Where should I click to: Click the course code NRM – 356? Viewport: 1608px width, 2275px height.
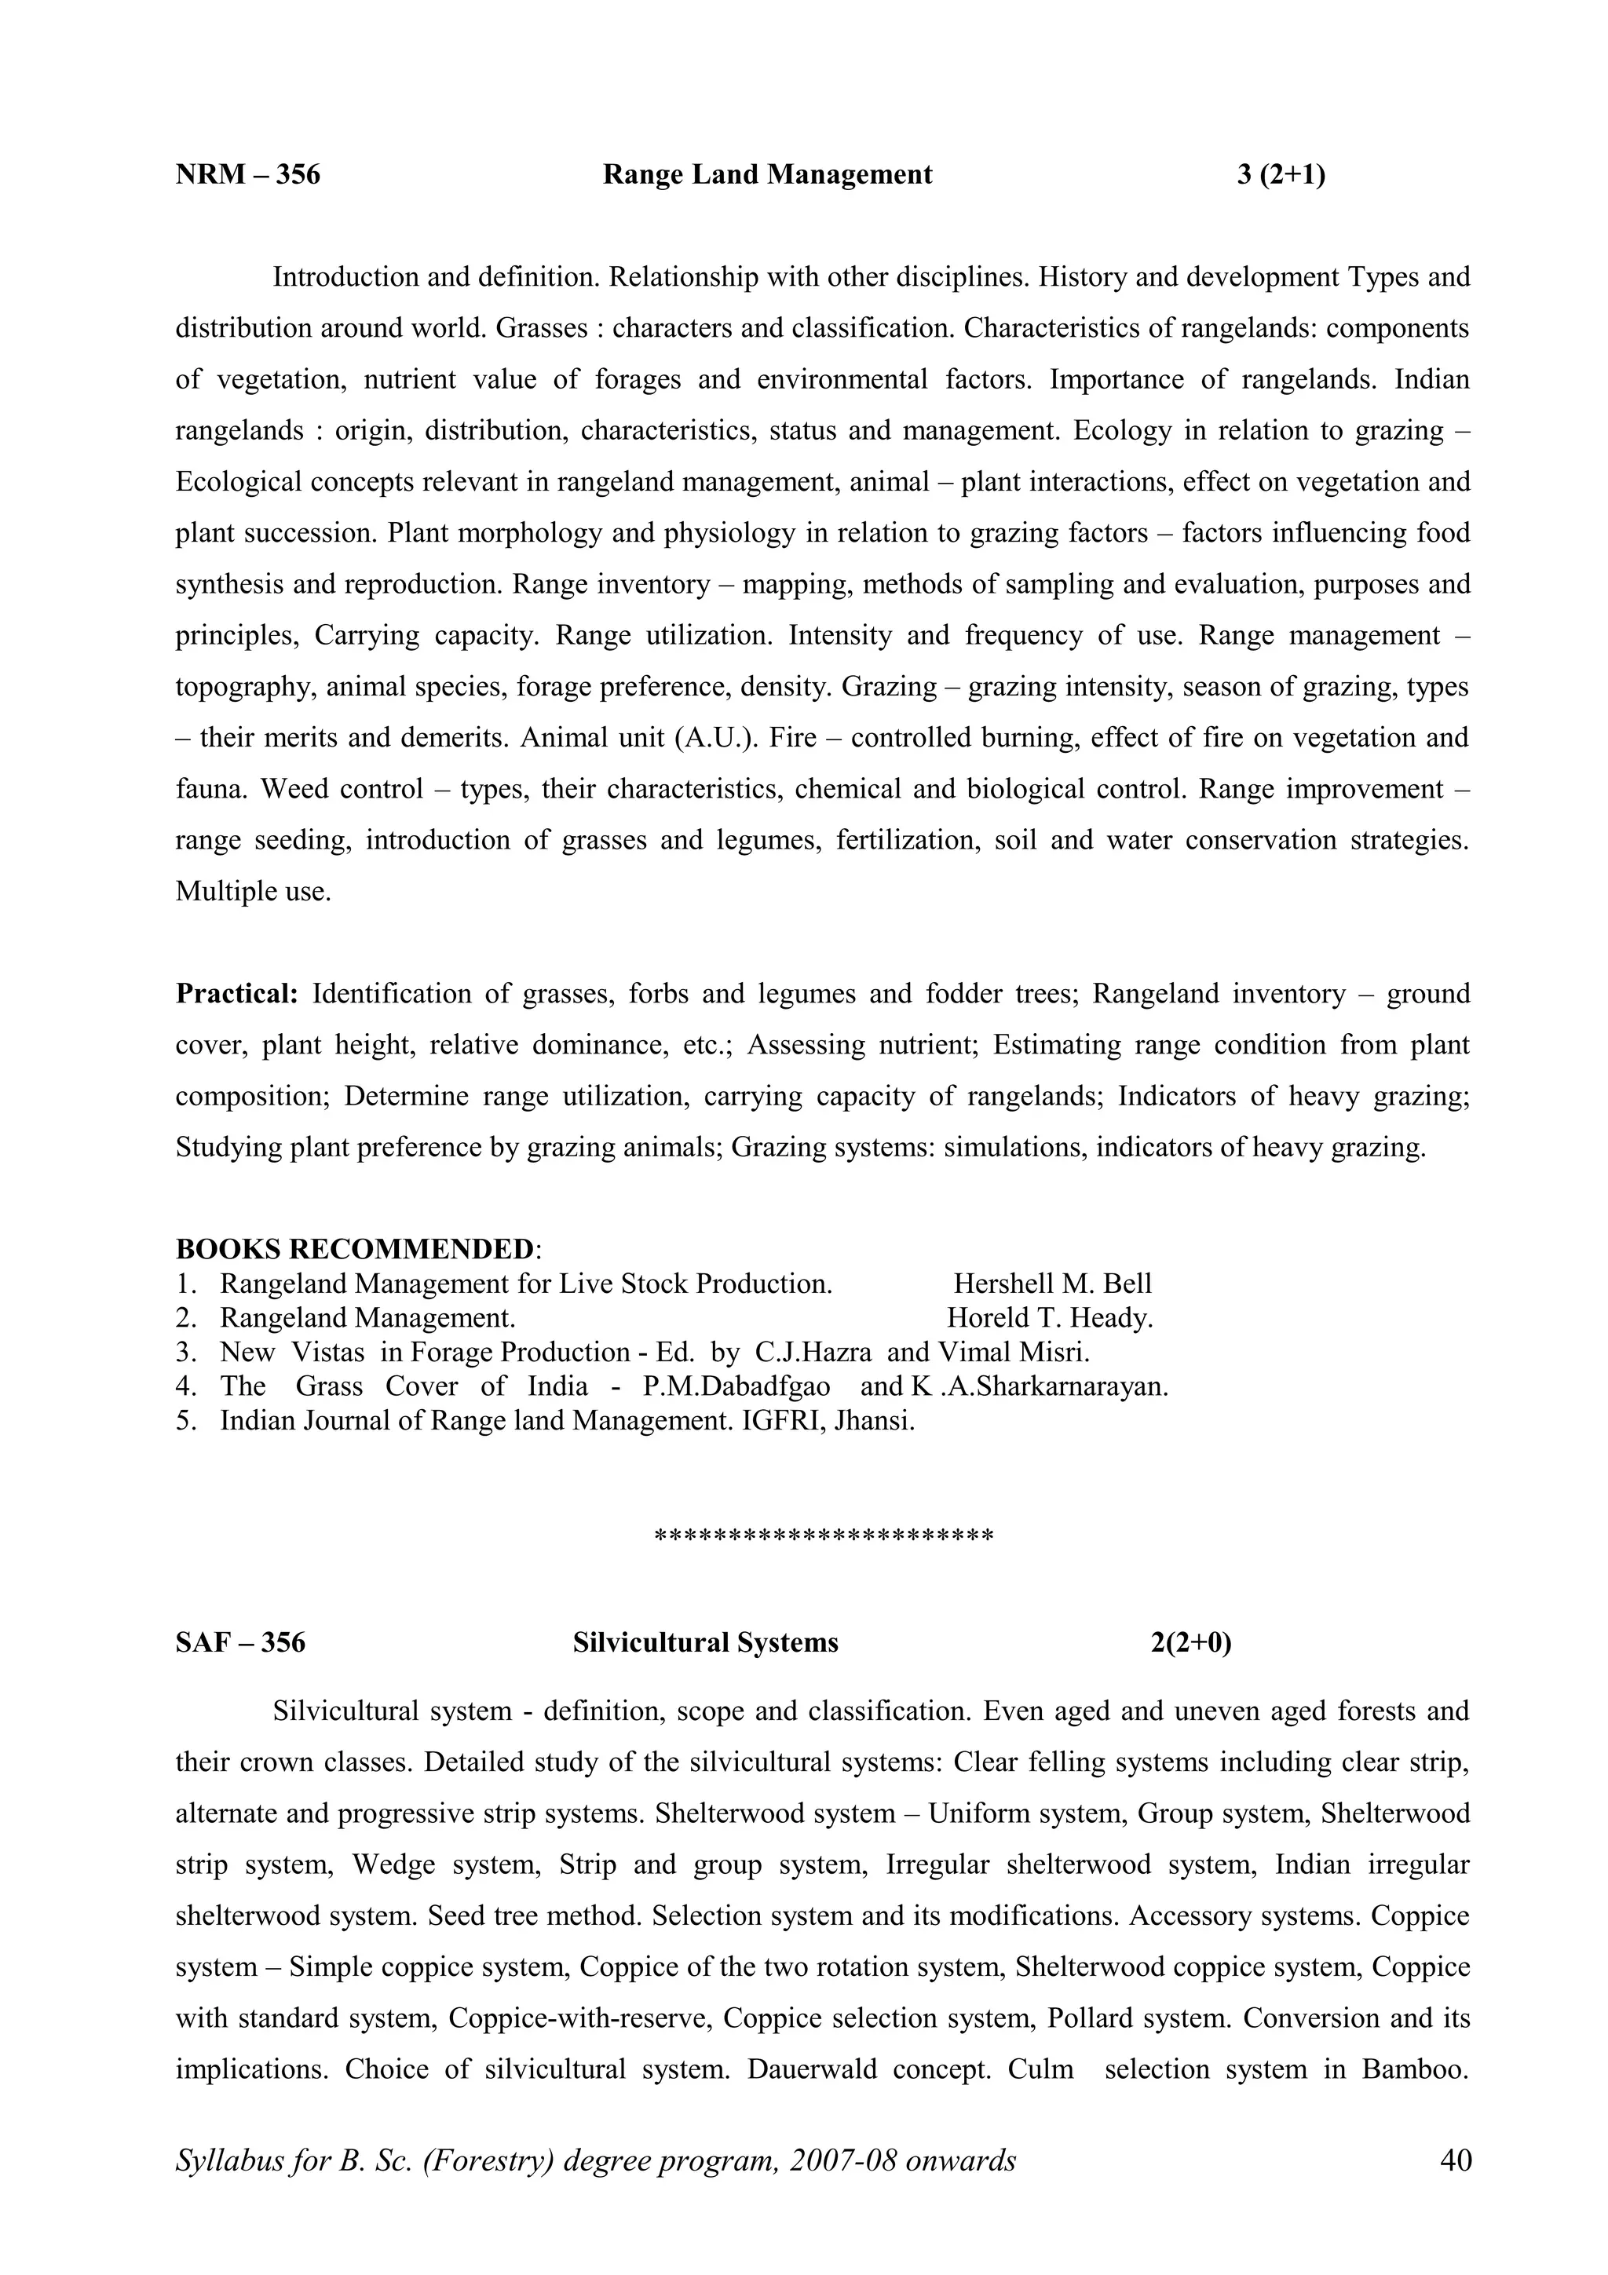point(247,175)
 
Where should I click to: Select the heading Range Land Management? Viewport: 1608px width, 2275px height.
point(767,175)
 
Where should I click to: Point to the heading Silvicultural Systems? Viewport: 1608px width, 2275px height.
point(705,1643)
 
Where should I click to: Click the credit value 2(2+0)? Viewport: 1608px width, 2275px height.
point(1191,1643)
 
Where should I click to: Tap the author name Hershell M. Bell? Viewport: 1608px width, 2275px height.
point(1052,1284)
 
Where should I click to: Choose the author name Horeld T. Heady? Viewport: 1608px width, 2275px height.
point(1049,1318)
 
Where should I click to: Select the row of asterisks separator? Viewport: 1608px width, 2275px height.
point(824,1536)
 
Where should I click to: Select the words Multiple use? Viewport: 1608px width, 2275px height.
point(253,892)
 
